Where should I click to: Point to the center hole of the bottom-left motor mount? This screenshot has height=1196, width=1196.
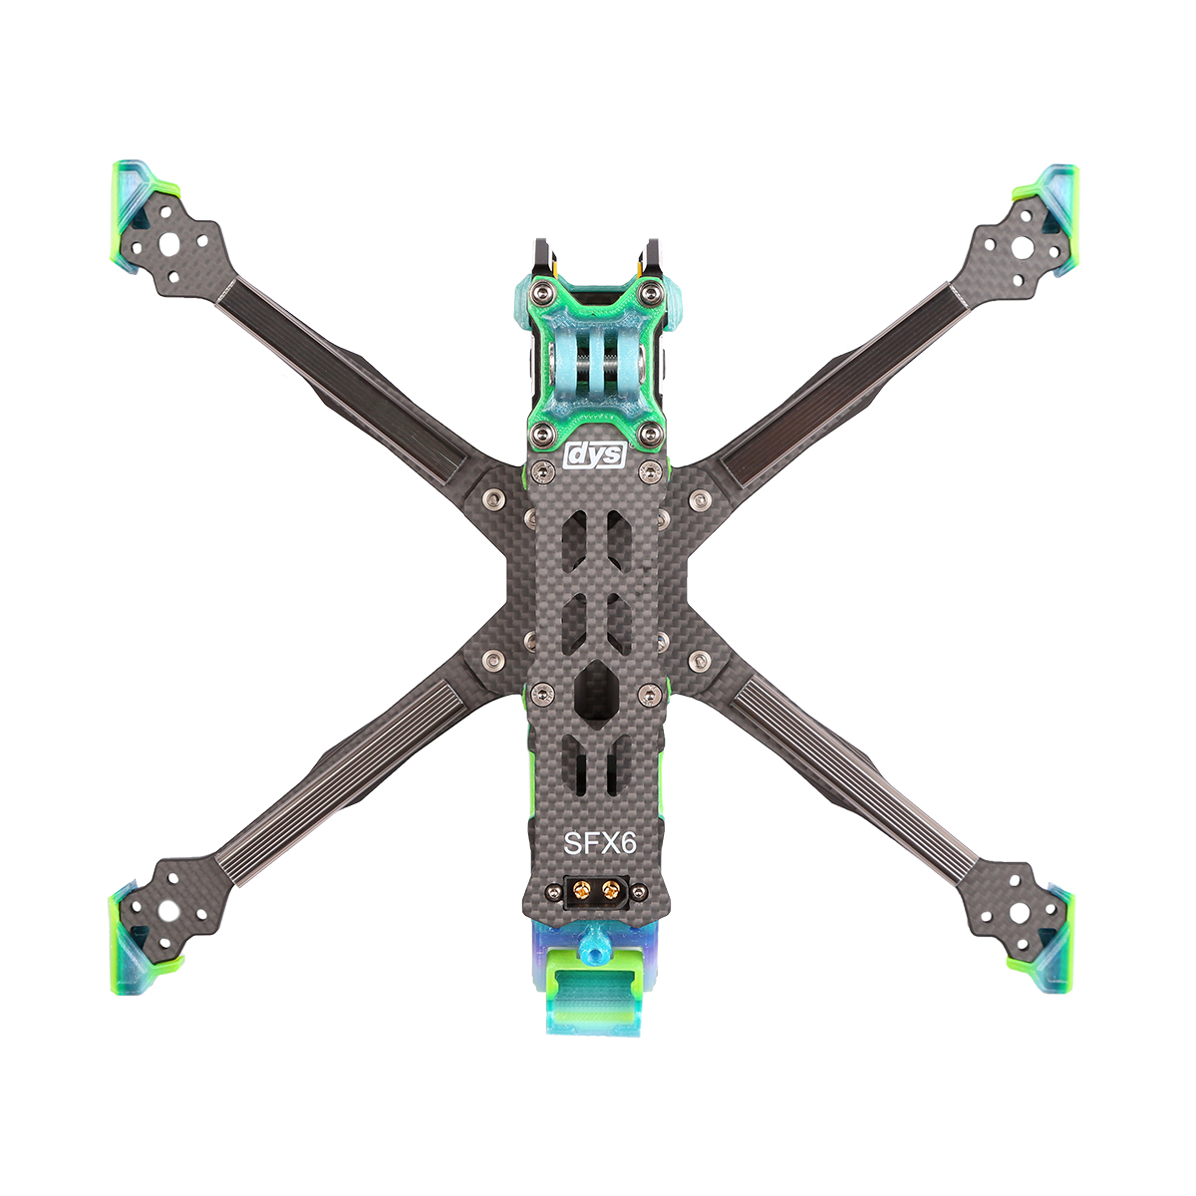click(x=166, y=911)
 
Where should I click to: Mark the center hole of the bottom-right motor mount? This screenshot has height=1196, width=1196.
click(x=1020, y=912)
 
